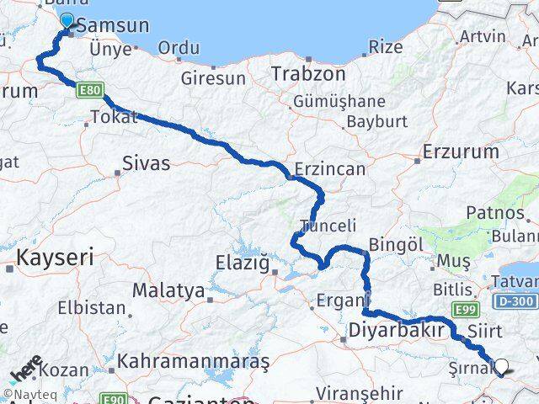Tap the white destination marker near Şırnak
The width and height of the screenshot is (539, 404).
[503, 366]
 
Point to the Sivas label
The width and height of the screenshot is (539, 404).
[146, 162]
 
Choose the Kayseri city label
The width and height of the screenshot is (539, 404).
[56, 257]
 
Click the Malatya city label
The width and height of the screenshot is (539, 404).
[168, 291]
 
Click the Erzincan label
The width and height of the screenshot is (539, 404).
[330, 169]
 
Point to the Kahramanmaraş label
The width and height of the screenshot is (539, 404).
[194, 361]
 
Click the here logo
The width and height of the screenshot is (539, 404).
[25, 369]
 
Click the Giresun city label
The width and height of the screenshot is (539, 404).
[213, 78]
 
